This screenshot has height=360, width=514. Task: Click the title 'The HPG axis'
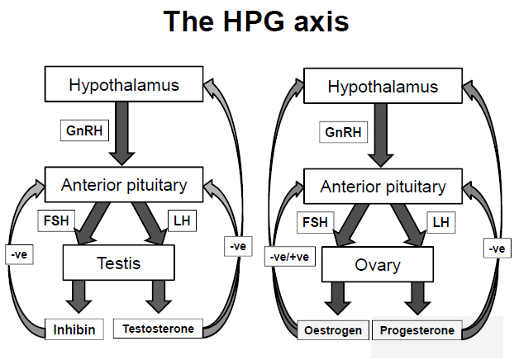tap(256, 22)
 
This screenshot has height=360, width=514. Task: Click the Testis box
tap(119, 264)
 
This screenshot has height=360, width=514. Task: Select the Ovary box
tap(377, 265)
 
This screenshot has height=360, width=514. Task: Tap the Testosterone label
tap(158, 329)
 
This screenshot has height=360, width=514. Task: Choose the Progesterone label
tap(417, 330)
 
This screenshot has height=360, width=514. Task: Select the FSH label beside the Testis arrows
tap(55, 221)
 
